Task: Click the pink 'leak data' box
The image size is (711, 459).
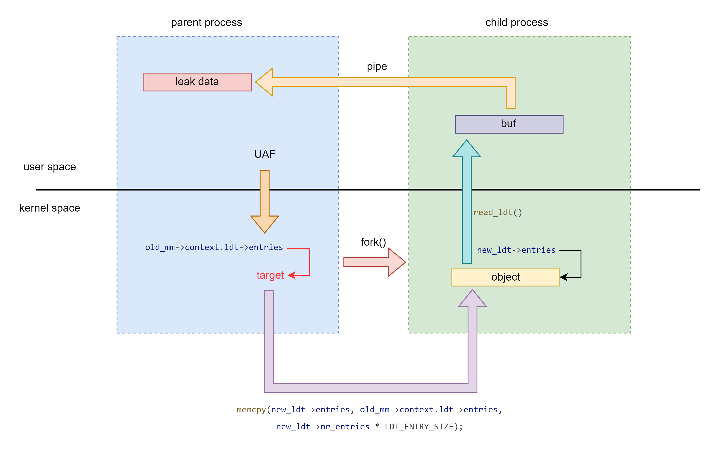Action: [197, 82]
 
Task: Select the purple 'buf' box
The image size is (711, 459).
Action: [509, 124]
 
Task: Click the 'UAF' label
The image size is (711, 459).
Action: [265, 154]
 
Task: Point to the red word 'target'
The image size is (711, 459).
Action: [270, 275]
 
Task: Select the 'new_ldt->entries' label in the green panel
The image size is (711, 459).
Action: [516, 250]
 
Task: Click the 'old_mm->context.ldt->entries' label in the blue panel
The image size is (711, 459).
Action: [214, 247]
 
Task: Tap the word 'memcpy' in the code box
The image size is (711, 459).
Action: [251, 410]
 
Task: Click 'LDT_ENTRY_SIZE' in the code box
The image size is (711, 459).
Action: [419, 427]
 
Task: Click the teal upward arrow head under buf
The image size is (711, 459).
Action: [466, 149]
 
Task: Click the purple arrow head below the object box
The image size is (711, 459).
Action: [473, 299]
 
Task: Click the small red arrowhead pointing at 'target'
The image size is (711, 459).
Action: [291, 275]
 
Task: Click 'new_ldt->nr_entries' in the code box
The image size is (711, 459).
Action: [323, 427]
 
